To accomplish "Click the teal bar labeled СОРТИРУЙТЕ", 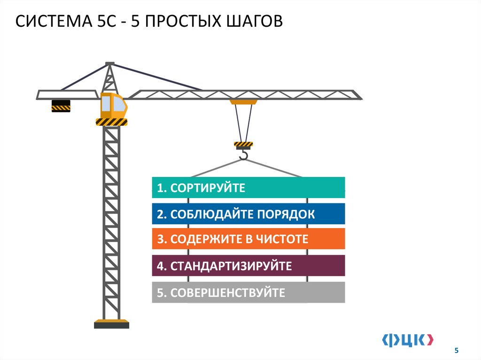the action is pyautogui.click(x=248, y=188).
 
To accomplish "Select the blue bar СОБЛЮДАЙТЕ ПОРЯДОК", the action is pyautogui.click(x=248, y=214).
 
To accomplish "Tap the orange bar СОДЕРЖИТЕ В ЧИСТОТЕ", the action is pyautogui.click(x=248, y=239).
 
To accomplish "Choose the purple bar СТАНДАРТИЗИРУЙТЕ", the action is pyautogui.click(x=248, y=266).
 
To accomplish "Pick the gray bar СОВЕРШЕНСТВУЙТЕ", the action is pyautogui.click(x=248, y=292).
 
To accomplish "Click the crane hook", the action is pyautogui.click(x=243, y=154).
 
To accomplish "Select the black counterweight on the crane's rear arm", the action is pyautogui.click(x=61, y=106).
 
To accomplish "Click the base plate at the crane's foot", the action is pyautogui.click(x=111, y=324).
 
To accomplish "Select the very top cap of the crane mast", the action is pyautogui.click(x=110, y=63).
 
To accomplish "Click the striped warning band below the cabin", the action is pyautogui.click(x=111, y=122).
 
